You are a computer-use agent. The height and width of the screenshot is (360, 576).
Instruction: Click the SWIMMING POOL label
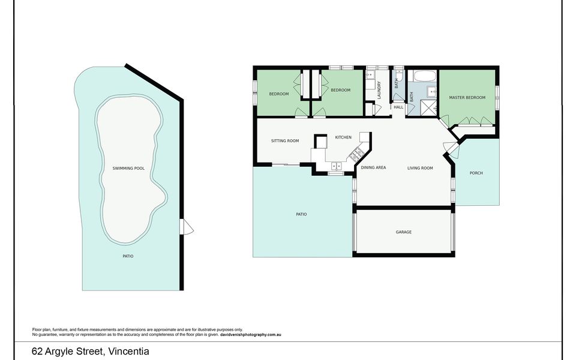pos(128,168)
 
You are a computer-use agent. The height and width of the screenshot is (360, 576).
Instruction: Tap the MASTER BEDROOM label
pos(467,98)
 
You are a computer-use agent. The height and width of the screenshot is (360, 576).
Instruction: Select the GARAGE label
pos(403,232)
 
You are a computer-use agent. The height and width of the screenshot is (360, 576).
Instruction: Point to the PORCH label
pos(476,173)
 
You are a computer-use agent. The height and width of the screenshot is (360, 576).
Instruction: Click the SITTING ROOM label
pos(284,140)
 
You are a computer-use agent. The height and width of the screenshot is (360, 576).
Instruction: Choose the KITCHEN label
pos(343,137)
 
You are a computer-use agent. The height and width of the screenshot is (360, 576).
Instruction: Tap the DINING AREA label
pos(373,167)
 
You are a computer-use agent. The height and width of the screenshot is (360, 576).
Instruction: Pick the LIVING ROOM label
pos(420,168)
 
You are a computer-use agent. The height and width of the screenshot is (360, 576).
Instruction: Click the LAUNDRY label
pos(379,90)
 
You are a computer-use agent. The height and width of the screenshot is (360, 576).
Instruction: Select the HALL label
pos(398,107)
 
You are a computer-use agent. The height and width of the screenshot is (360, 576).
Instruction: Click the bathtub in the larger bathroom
pos(424,76)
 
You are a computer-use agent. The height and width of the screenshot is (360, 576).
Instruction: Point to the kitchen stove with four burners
pos(356,155)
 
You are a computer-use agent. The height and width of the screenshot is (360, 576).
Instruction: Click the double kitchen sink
pos(336,166)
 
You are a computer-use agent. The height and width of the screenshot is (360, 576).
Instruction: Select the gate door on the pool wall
pos(187,227)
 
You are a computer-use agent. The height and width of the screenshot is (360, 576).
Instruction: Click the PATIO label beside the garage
pos(301,214)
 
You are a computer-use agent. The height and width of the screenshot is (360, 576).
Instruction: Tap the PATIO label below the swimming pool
pos(128,256)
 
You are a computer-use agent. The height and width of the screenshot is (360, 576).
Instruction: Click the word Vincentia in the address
pos(129,351)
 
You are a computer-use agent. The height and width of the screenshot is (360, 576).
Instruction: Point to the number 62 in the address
pos(37,351)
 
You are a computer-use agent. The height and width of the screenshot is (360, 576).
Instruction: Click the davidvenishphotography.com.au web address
pos(251,335)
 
